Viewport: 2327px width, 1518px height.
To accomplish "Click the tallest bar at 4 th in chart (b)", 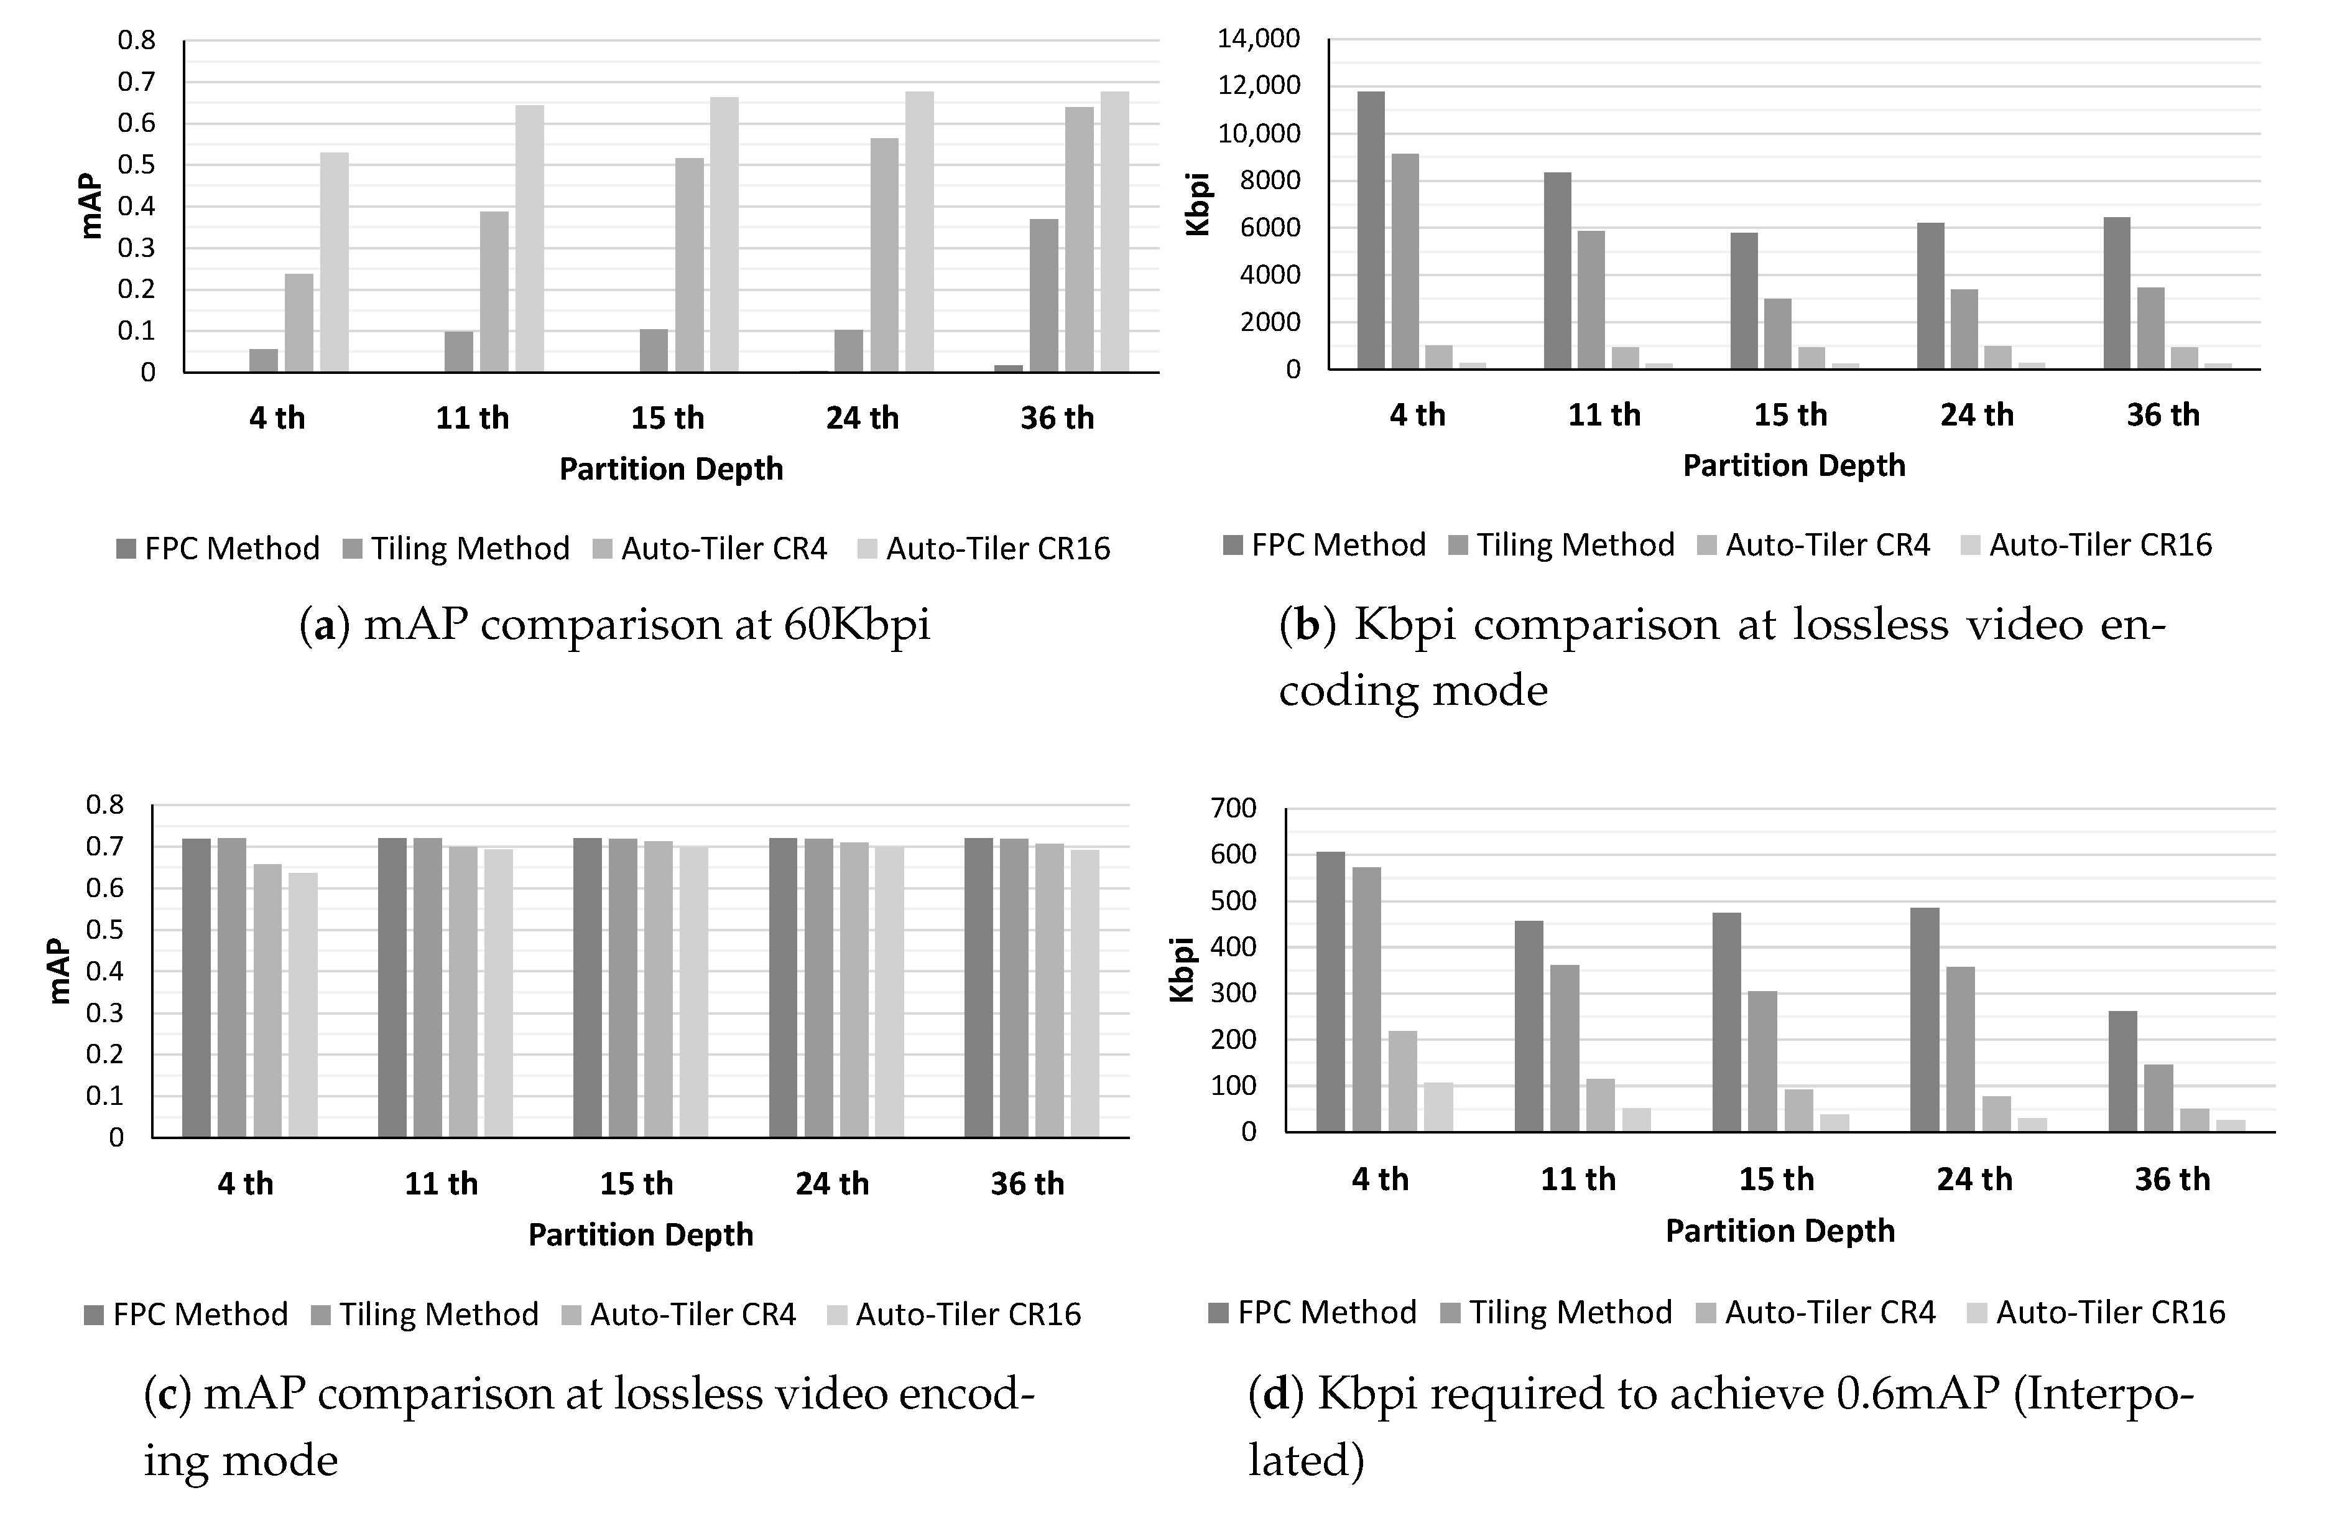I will click(x=1371, y=230).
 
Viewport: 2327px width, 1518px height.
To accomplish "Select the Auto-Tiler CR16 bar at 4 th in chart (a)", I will click(x=335, y=262).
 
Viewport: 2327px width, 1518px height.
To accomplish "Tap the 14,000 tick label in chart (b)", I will click(x=1259, y=39).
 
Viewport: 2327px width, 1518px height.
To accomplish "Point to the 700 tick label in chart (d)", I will click(x=1233, y=808).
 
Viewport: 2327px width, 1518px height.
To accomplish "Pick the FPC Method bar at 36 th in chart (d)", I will click(x=2122, y=1071).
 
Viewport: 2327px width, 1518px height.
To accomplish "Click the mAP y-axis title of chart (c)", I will click(x=58, y=971).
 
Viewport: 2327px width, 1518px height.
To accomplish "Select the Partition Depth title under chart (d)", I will click(x=1780, y=1231).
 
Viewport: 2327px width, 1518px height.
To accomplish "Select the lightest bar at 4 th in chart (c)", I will click(x=303, y=1005).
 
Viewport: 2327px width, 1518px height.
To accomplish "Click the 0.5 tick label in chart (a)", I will click(x=136, y=164).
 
